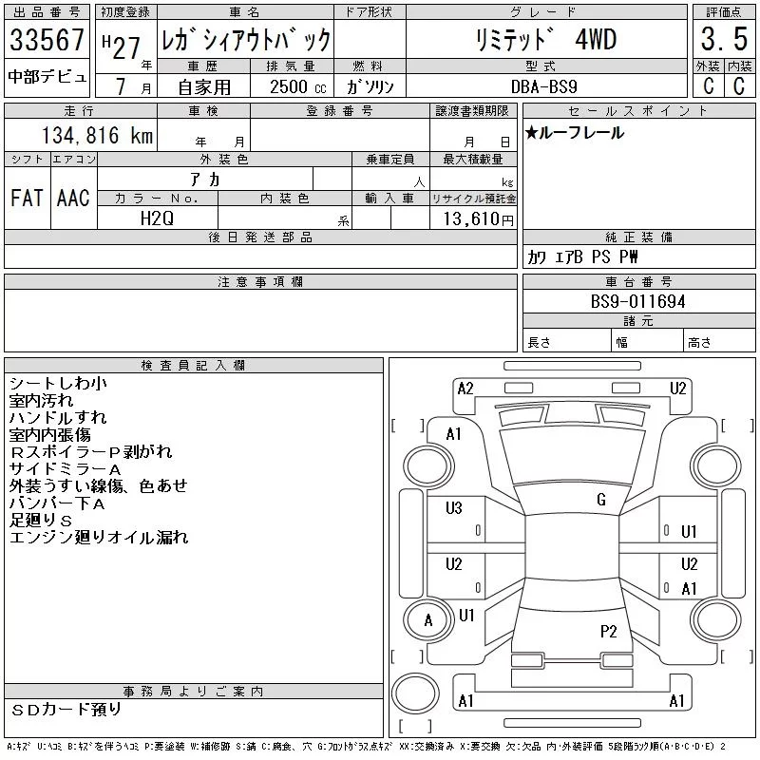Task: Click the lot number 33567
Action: coord(47,40)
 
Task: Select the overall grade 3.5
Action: coord(724,39)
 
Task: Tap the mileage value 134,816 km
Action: coord(97,135)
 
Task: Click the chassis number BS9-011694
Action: coord(637,301)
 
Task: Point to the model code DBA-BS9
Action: coord(543,86)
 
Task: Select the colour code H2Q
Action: coord(157,218)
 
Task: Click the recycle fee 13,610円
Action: coord(479,219)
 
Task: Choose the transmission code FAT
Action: coord(27,198)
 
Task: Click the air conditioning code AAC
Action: coord(73,198)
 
